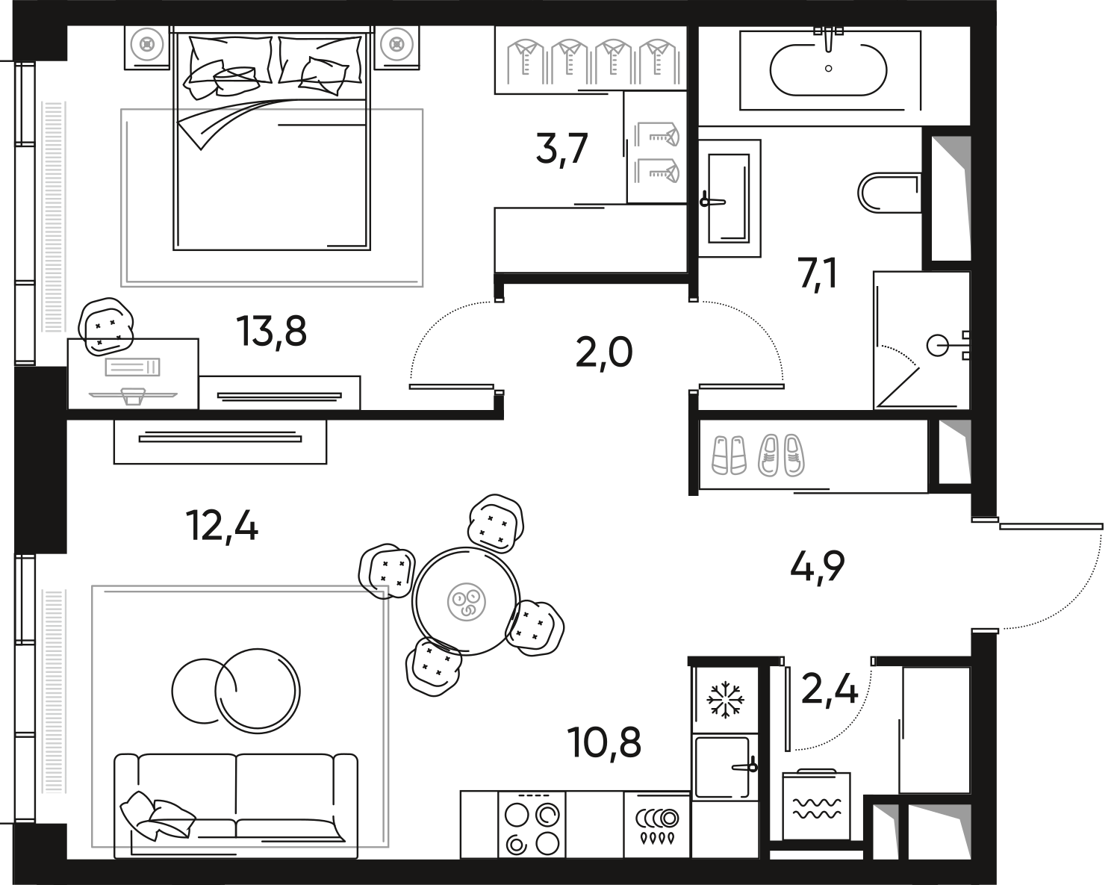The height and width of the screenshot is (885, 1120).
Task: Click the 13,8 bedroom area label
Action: pos(271,331)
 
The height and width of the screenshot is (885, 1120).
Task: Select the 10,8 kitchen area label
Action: pos(604,742)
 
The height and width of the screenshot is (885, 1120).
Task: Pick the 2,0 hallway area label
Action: pos(604,353)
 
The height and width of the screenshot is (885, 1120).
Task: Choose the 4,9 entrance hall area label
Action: pos(818,567)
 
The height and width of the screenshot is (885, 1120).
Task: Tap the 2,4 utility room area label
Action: pos(830,689)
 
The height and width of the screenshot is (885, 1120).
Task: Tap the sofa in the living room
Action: pos(236,796)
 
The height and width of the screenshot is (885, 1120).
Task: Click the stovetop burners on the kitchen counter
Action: pos(532,826)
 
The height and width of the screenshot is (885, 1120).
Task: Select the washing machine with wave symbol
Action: pos(817,805)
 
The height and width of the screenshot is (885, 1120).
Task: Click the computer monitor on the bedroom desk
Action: pos(132,394)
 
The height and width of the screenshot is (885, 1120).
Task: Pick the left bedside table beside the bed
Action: pos(147,46)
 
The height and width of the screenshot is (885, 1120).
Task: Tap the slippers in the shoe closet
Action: pos(757,456)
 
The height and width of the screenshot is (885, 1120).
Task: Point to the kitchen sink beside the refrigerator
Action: pos(723,767)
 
